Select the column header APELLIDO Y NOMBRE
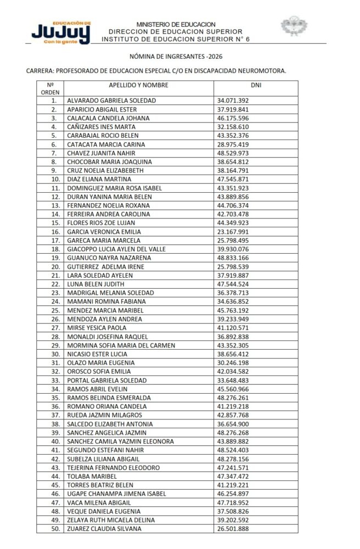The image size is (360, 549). (138, 85)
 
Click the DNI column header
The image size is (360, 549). (256, 85)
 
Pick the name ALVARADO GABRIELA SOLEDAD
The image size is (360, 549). (111, 101)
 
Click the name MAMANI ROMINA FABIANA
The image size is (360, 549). (106, 301)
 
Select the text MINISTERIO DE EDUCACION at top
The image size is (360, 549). (176, 25)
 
